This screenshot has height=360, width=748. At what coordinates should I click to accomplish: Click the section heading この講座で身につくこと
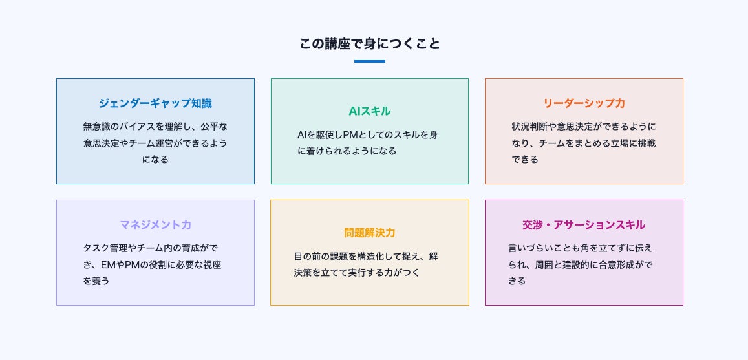coord(369,44)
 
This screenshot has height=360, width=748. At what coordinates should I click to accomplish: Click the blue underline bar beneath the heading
coord(369,61)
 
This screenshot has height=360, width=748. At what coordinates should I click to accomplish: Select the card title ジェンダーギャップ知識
coord(155,103)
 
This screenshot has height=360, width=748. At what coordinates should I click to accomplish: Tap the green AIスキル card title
coord(369,111)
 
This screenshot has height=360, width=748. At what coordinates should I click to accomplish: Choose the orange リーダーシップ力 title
coord(584,103)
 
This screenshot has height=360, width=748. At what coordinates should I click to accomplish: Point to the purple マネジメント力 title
coord(155,225)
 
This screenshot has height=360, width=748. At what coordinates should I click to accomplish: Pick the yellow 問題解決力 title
coord(369,233)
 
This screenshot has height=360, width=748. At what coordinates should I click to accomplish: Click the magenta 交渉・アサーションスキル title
coord(584,225)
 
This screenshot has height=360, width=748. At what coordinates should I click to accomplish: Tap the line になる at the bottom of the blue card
coord(155,159)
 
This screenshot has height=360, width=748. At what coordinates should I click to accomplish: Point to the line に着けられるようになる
coord(347,151)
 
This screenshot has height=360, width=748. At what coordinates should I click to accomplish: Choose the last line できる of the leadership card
coord(524,159)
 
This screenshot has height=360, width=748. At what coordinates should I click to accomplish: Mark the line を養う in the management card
coord(96,281)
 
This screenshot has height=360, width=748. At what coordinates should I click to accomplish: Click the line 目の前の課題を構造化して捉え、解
coord(366,256)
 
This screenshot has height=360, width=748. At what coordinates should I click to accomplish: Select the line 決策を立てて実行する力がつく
coord(357,273)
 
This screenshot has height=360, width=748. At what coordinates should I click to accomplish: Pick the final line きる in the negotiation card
coord(517,281)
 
